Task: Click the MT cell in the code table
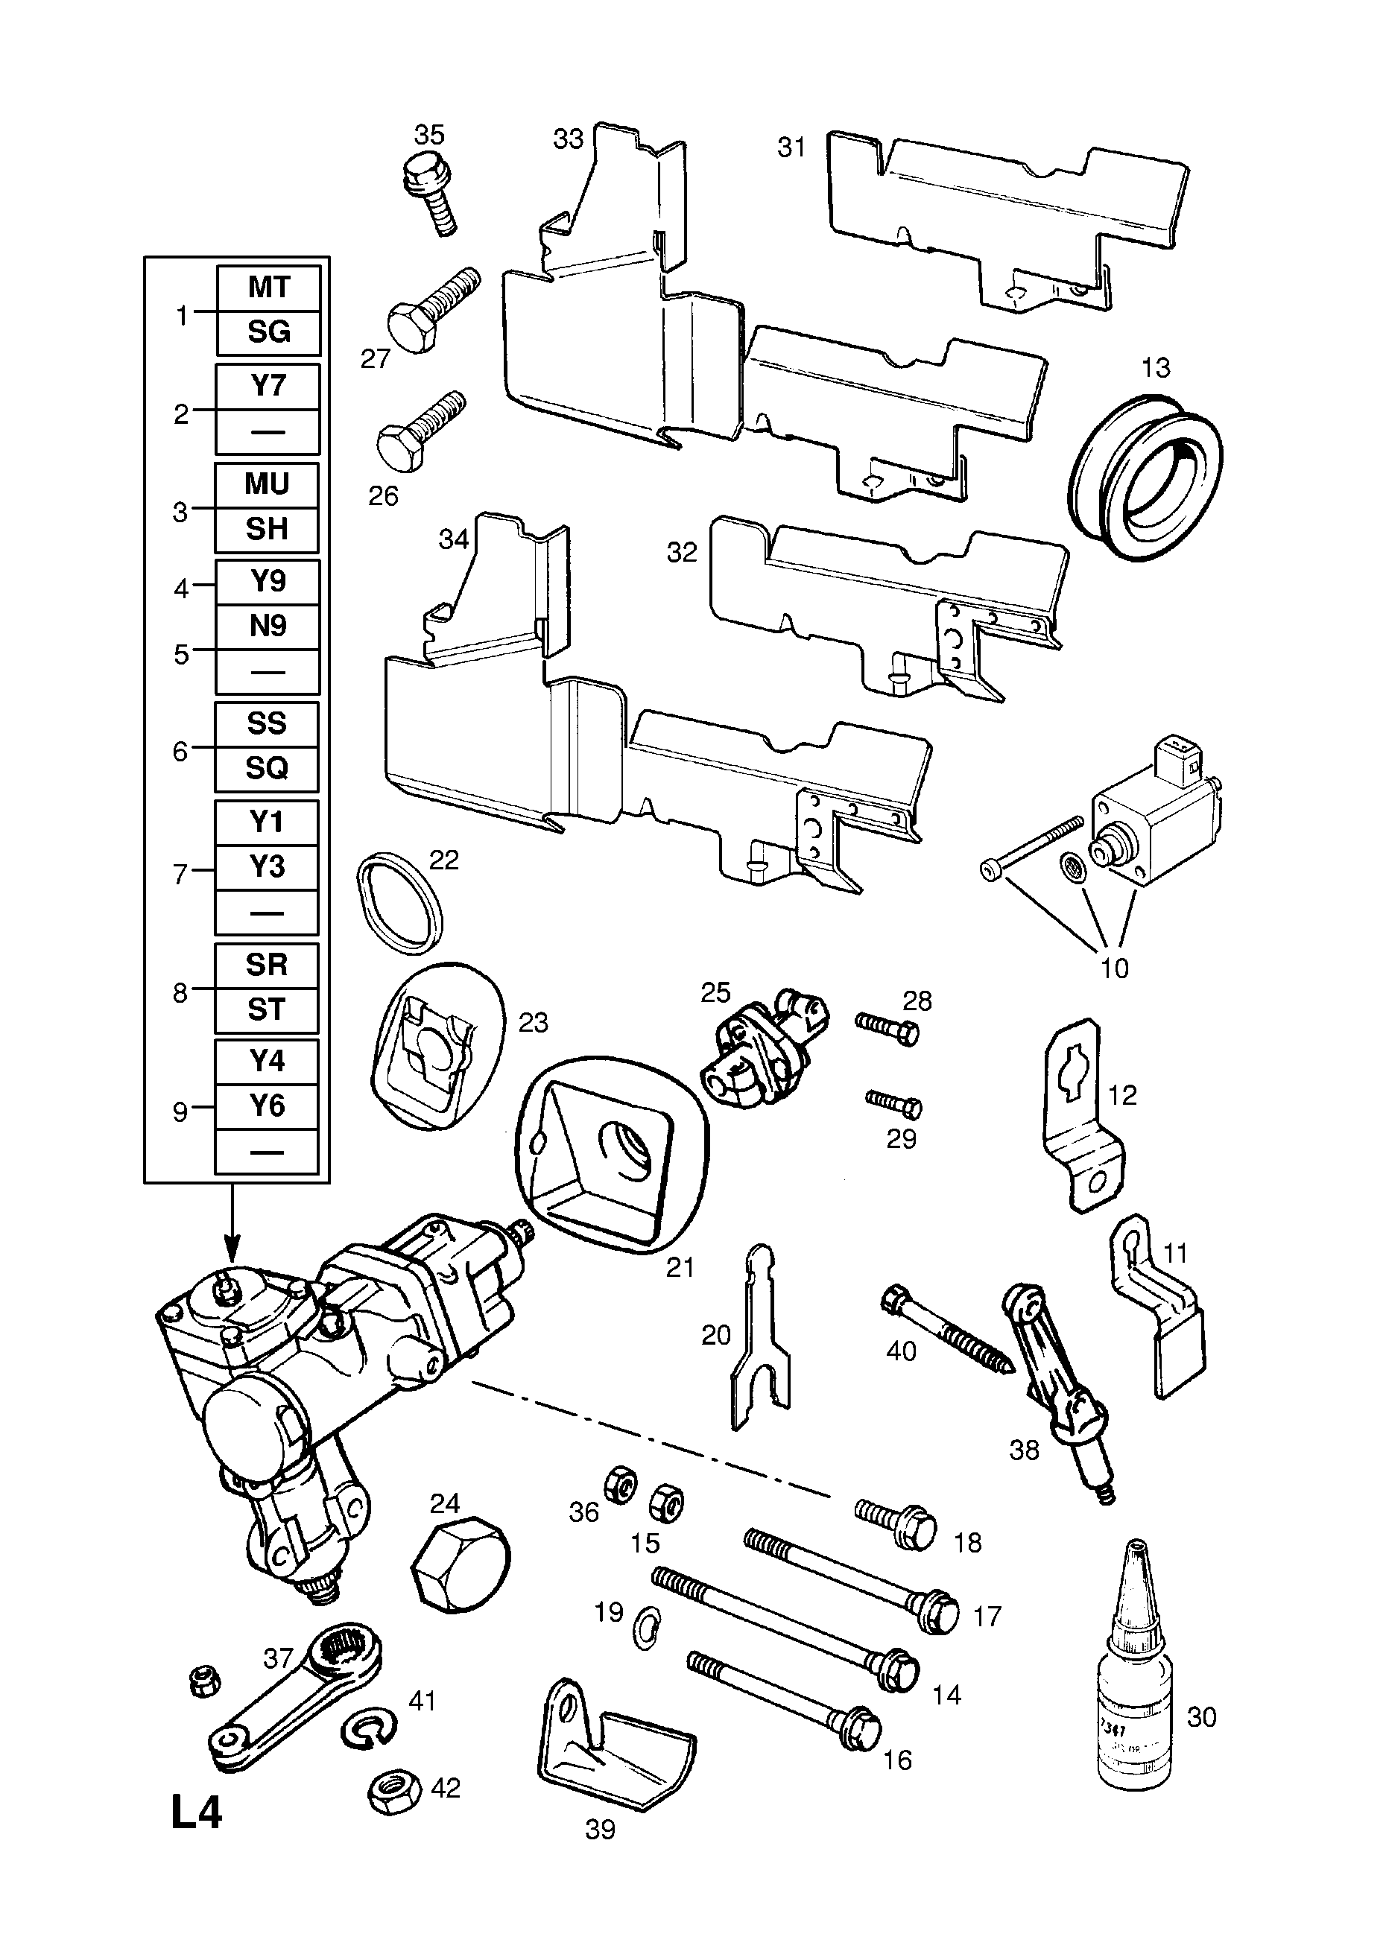click(x=268, y=287)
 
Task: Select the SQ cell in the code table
click(x=267, y=768)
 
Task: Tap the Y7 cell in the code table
click(x=268, y=386)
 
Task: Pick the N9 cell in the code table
click(x=268, y=626)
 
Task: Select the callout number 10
click(x=1113, y=968)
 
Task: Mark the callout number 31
click(x=791, y=148)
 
